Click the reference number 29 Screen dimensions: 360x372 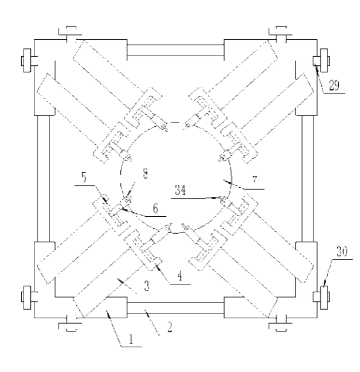click(x=334, y=85)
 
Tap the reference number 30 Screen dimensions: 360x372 click(x=342, y=251)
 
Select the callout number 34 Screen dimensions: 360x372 click(x=181, y=190)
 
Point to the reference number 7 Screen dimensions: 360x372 click(x=255, y=179)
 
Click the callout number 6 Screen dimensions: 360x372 click(x=155, y=208)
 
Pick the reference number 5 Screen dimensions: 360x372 click(x=84, y=177)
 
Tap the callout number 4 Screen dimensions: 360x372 click(x=179, y=276)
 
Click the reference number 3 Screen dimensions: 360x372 click(x=147, y=286)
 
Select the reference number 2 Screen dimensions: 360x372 click(x=170, y=327)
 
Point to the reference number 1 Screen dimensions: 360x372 click(x=131, y=339)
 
